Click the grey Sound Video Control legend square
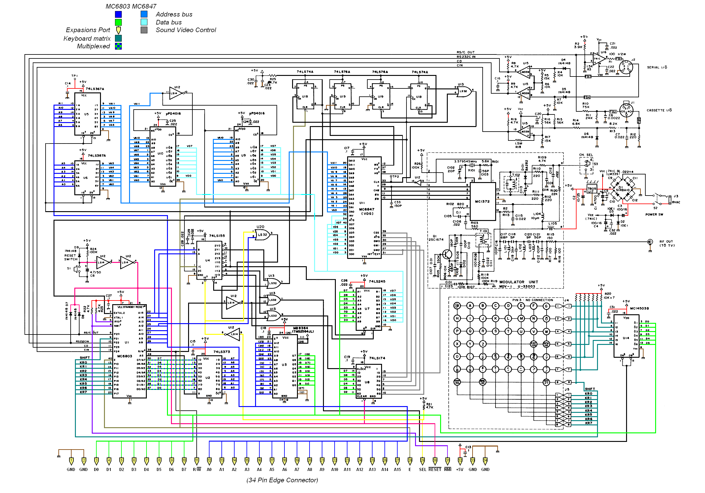[144, 30]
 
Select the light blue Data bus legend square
[144, 22]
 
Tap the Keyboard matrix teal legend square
[118, 38]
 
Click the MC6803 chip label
[124, 356]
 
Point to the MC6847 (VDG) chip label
[366, 211]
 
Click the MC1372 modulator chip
[482, 201]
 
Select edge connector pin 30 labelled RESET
[435, 461]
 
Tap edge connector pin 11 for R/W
[197, 461]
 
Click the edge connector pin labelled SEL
[422, 461]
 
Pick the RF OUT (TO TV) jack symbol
[650, 242]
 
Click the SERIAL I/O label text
[657, 68]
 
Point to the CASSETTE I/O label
[659, 110]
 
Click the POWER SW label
[654, 215]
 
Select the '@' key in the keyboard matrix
[457, 306]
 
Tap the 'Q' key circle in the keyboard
[470, 331]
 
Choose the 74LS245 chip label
[377, 281]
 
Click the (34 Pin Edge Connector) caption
[282, 480]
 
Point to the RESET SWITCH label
[70, 257]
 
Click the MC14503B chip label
[639, 308]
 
